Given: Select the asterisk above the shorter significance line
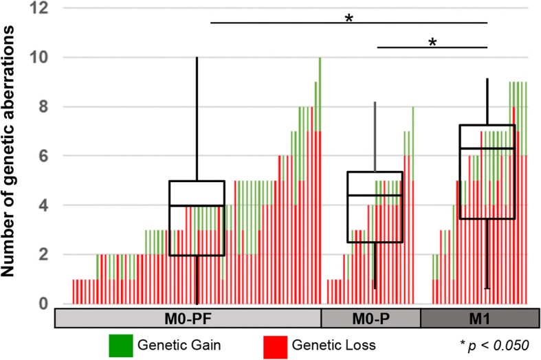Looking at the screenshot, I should [x=432, y=43].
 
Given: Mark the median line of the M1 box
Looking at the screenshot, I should [x=487, y=148].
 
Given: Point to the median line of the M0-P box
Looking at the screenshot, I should [x=375, y=195].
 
